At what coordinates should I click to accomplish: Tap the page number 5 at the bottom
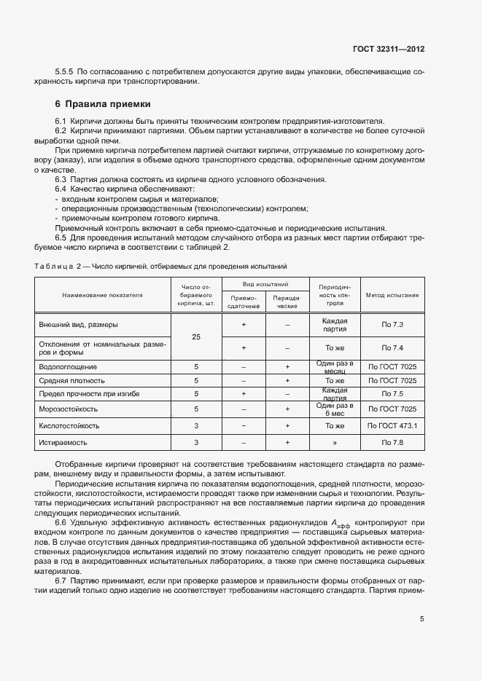pyautogui.click(x=422, y=619)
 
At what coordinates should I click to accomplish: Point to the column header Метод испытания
pyautogui.click(x=392, y=296)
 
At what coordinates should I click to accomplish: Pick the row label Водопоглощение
pyautogui.click(x=69, y=366)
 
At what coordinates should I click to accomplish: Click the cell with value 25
pyautogui.click(x=196, y=337)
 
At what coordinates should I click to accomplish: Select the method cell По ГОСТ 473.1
pyautogui.click(x=392, y=425)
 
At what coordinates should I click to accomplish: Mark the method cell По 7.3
pyautogui.click(x=392, y=324)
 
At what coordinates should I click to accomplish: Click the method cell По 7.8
pyautogui.click(x=392, y=442)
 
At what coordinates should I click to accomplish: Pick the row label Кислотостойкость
pyautogui.click(x=70, y=425)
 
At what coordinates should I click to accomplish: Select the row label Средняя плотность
pyautogui.click(x=72, y=380)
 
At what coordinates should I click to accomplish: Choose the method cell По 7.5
pyautogui.click(x=392, y=394)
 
